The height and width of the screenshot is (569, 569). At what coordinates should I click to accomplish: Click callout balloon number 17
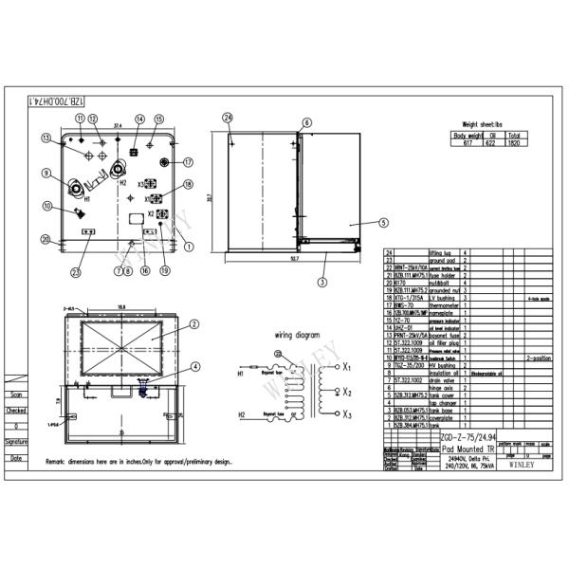188,161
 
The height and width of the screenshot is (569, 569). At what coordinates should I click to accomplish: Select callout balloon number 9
46,173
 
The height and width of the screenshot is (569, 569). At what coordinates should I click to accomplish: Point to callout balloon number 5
383,224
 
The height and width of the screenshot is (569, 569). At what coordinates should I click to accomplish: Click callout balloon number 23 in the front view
76,272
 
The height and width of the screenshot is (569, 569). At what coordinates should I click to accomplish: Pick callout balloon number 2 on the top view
193,323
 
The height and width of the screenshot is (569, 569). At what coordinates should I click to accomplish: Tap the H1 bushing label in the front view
86,200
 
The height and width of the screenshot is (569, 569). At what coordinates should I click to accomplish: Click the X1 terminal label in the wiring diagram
347,366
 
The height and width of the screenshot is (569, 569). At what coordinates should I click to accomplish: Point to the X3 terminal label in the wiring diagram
347,415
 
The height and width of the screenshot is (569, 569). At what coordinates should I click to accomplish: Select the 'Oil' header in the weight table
489,135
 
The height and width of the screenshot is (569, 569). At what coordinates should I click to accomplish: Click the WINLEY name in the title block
521,466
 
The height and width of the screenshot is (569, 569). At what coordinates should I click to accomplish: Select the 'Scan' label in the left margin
16,395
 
